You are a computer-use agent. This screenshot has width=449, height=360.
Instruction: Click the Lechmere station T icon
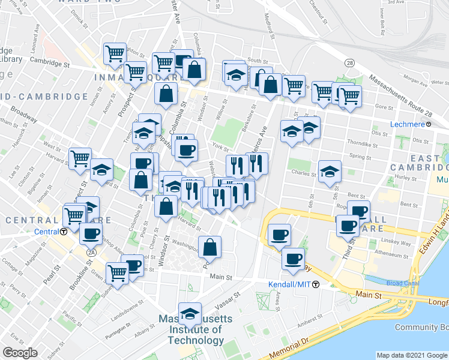[x=429, y=124]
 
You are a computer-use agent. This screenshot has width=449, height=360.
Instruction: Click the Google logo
[x=20, y=352]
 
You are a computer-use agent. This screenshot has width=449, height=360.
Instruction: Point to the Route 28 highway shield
[x=348, y=62]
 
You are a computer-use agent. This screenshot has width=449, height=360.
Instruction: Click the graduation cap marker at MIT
[x=190, y=313]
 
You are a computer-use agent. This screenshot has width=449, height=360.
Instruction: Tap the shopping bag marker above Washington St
[x=210, y=247]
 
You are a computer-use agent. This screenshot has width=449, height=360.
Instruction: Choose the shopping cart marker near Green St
[x=118, y=273]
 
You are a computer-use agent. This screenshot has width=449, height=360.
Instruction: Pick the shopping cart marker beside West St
[x=80, y=159]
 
